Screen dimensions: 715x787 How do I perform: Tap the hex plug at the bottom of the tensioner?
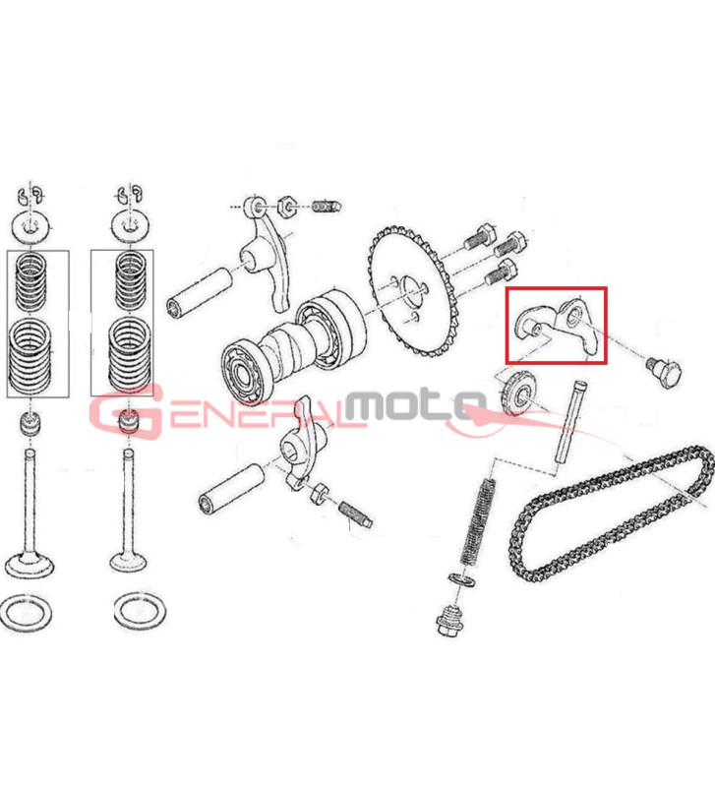(x=449, y=619)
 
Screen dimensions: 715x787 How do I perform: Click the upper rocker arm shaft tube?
(x=200, y=292)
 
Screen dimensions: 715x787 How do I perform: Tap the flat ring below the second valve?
(x=141, y=611)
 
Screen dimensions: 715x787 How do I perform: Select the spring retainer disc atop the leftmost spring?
(x=31, y=227)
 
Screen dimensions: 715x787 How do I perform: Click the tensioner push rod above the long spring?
(x=570, y=423)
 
